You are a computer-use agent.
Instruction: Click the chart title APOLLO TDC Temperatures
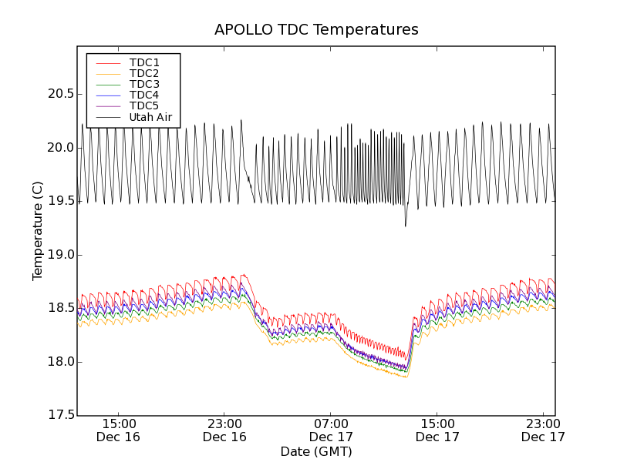point(316,30)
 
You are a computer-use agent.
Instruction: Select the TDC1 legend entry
point(144,62)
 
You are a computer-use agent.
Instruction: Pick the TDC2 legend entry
point(144,73)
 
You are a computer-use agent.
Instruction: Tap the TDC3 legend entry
point(144,84)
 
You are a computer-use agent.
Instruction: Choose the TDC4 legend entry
point(144,95)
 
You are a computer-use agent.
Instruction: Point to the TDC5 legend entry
point(144,105)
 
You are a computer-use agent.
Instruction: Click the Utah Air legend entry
point(150,118)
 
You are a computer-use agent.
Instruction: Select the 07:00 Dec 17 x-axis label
point(331,430)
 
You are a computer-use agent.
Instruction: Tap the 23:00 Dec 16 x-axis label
point(224,430)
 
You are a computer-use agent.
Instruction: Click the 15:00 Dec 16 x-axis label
point(119,430)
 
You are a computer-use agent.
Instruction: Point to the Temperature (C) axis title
point(38,231)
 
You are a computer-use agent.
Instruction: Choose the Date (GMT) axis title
point(316,451)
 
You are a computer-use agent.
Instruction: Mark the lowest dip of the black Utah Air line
point(406,226)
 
